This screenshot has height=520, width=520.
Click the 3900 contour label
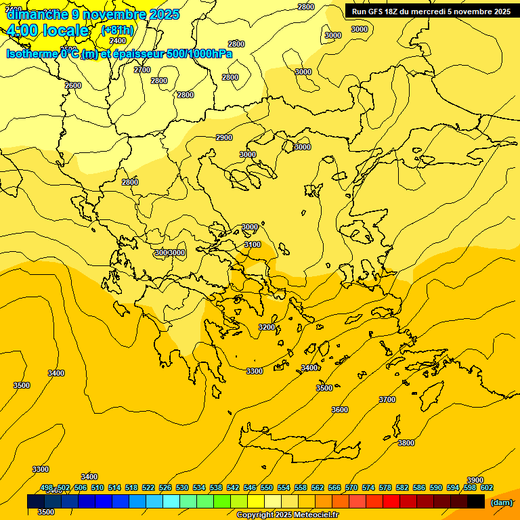point(475,480)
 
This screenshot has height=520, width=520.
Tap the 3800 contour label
point(406,443)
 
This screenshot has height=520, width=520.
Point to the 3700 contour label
point(387,399)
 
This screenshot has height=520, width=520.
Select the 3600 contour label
point(340,410)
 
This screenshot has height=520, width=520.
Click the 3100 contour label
point(253,244)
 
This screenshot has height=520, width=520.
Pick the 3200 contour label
point(267,327)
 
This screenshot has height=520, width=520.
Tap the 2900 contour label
point(224,137)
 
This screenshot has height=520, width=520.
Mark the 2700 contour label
point(142,70)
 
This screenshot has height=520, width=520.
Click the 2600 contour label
point(73,85)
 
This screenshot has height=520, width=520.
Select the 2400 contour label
point(118,41)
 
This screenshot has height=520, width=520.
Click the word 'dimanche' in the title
point(37,14)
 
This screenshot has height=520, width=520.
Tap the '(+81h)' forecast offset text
point(117,30)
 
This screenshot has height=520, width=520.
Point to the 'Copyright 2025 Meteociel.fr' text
point(287,515)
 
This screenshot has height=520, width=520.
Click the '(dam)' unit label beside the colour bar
point(501,502)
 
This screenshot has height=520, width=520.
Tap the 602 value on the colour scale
point(487,487)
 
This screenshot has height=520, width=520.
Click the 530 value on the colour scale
point(182,487)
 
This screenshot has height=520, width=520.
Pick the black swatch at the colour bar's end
point(476,502)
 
